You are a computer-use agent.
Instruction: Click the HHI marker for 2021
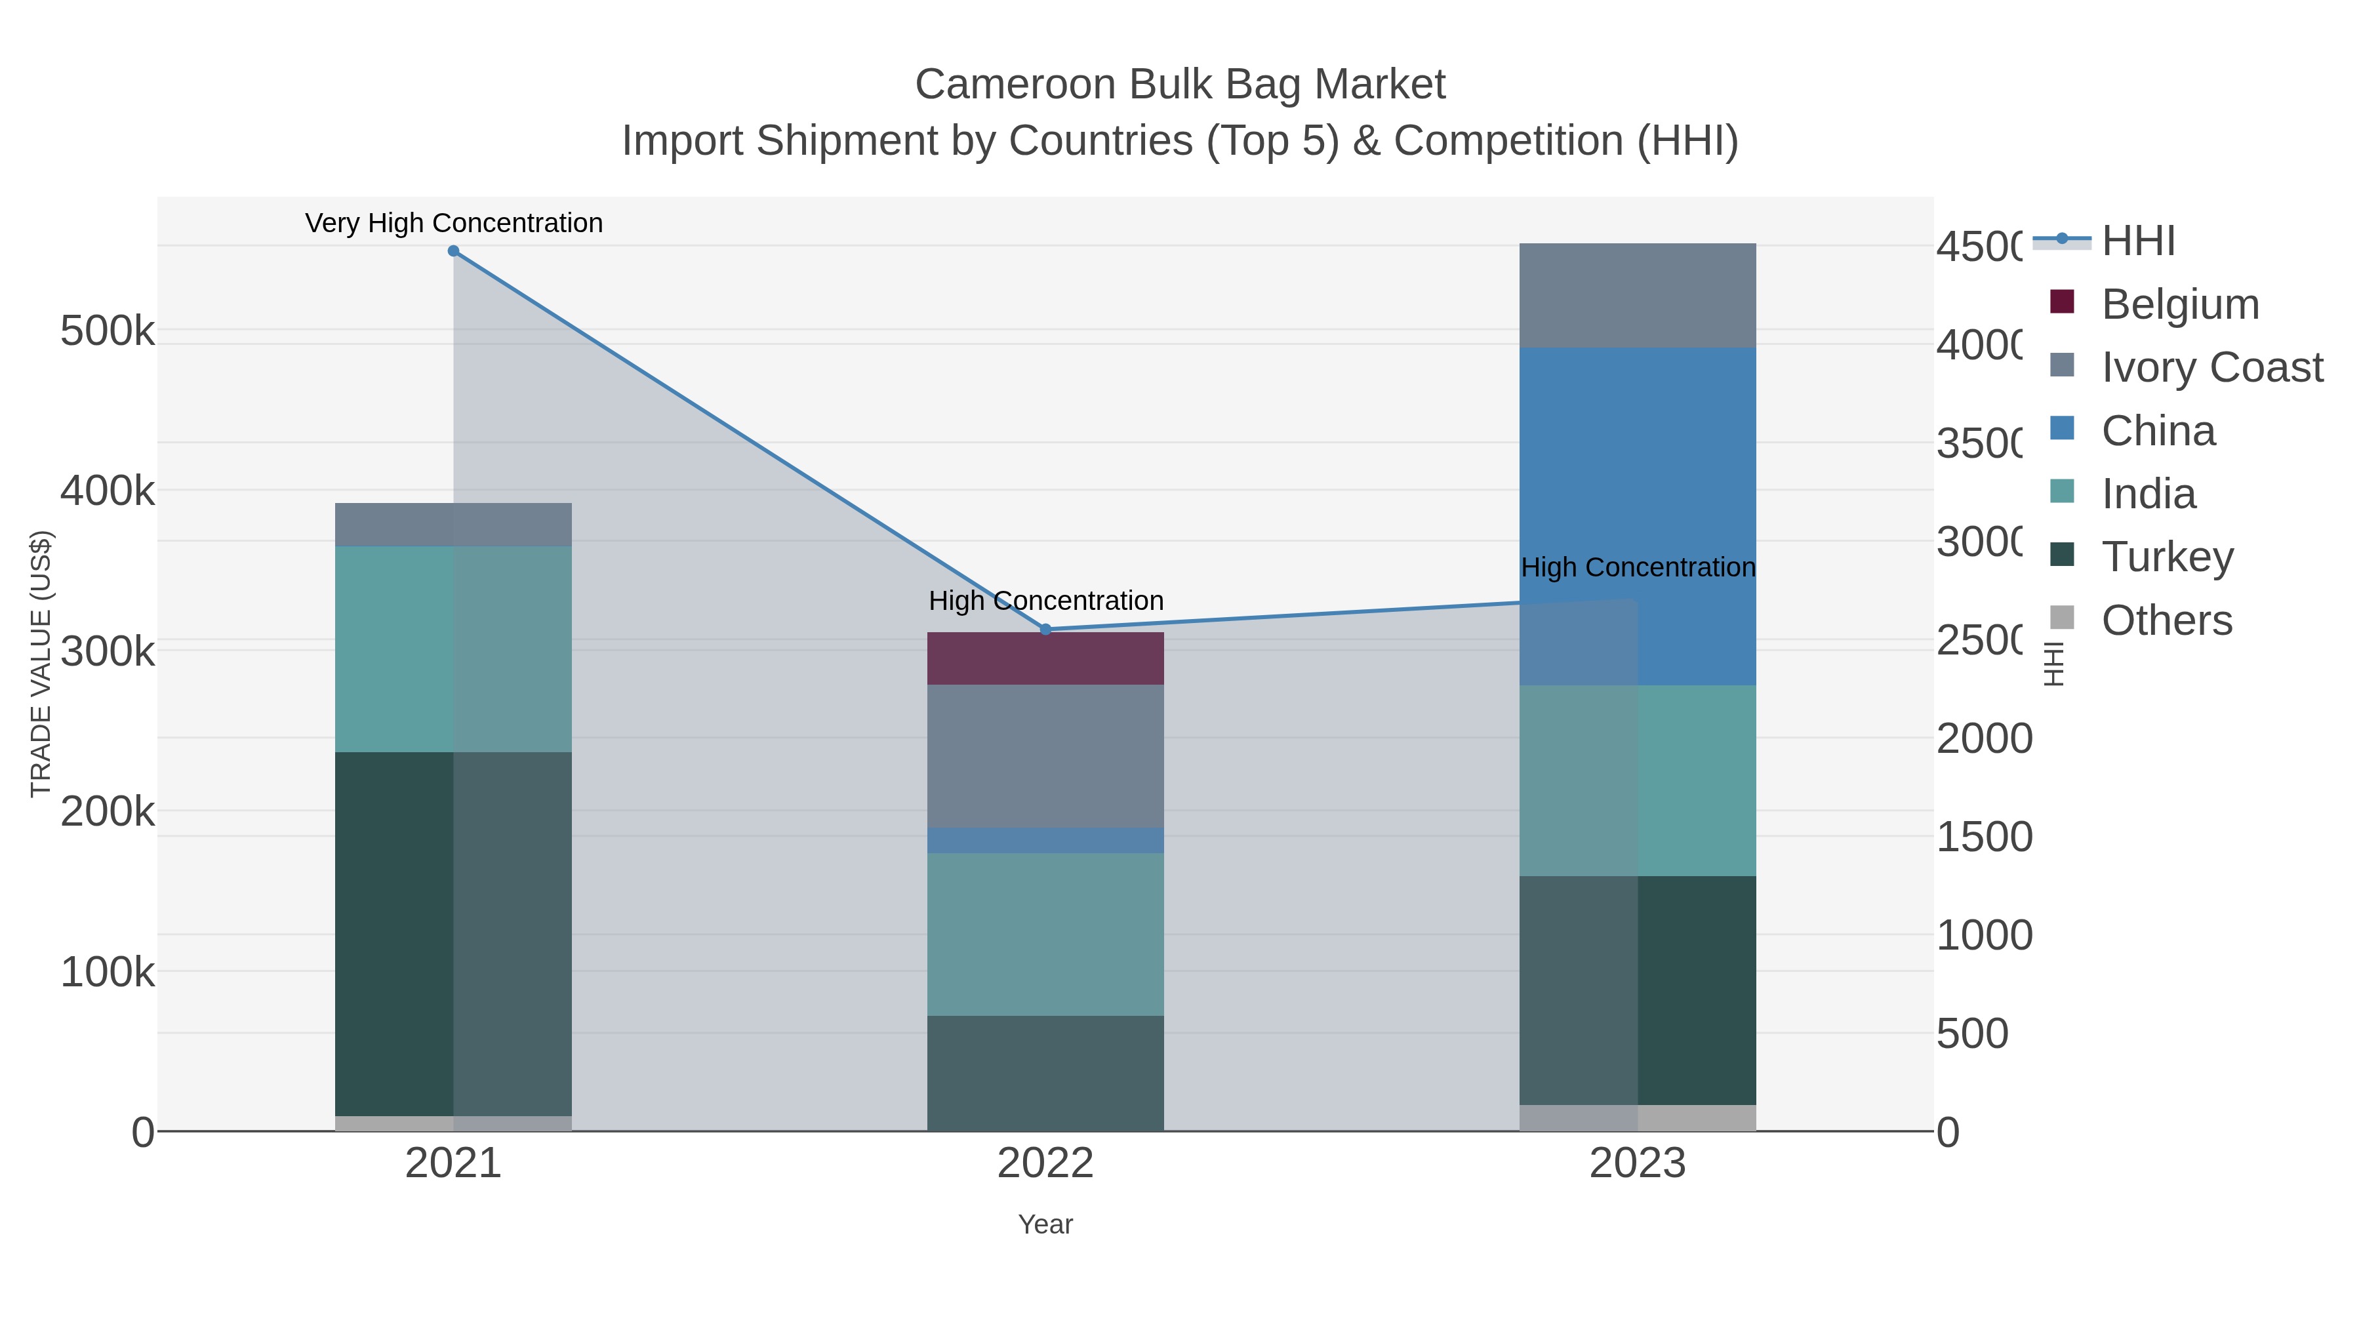[x=453, y=251]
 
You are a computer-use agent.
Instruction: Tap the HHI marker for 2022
[x=1046, y=630]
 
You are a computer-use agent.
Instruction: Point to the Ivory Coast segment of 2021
[x=453, y=524]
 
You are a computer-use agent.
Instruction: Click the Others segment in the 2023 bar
[x=1637, y=1117]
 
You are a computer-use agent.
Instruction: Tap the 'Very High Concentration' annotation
[x=454, y=224]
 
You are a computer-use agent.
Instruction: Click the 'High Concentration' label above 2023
[x=1638, y=567]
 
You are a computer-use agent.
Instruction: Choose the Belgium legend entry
[x=2179, y=304]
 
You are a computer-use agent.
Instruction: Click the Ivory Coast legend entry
[x=2211, y=367]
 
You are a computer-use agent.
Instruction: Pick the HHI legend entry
[x=2137, y=241]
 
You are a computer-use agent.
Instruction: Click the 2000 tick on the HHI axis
[x=1983, y=738]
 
